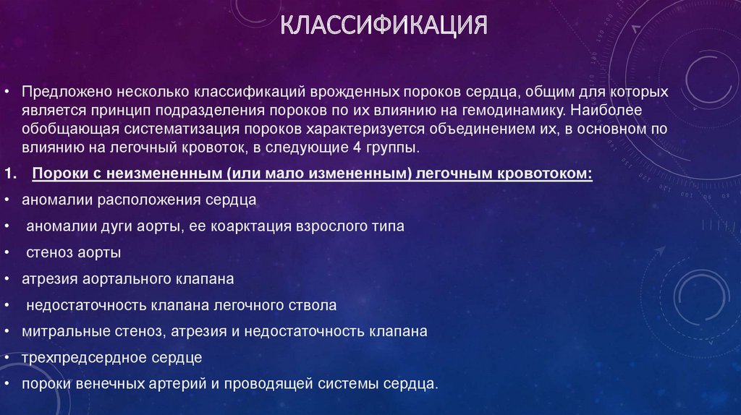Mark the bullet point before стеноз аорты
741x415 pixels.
point(7,253)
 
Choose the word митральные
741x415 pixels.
point(57,331)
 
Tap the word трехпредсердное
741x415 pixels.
point(75,357)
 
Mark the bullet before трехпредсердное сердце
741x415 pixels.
point(7,357)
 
